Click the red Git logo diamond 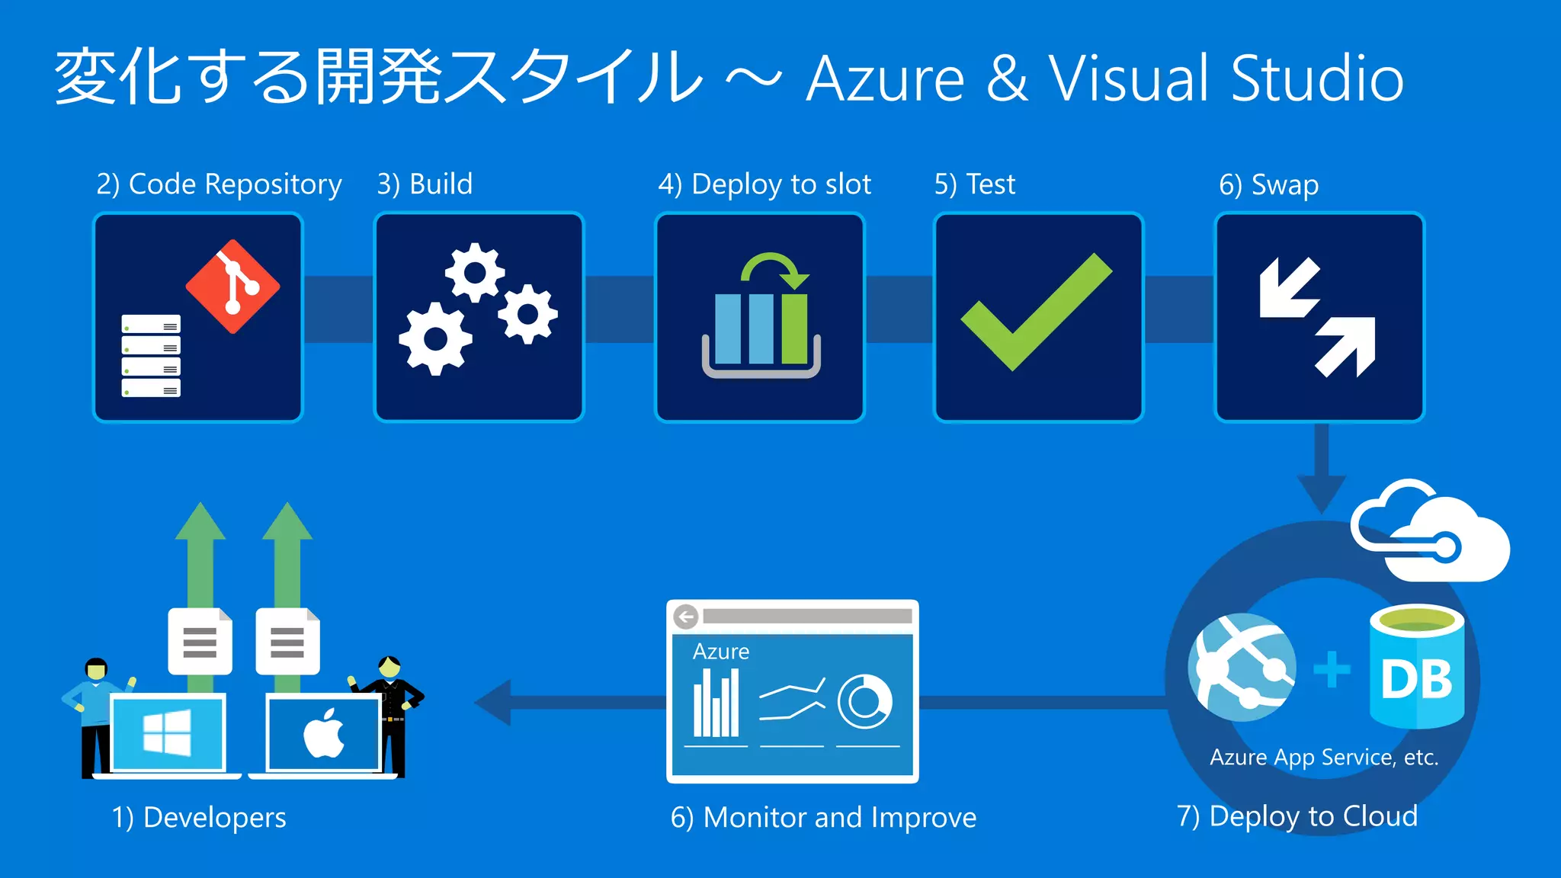click(x=233, y=287)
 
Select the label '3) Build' click(x=425, y=184)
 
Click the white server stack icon click(x=151, y=356)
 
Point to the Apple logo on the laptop click(x=324, y=733)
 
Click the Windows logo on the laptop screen click(x=168, y=733)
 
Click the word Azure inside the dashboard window click(x=720, y=652)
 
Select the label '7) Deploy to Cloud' click(x=1297, y=816)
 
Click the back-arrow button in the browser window click(x=686, y=616)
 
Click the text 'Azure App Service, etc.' click(x=1324, y=758)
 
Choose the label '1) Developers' click(x=199, y=818)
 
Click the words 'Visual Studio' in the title click(x=1226, y=79)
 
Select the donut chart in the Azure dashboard click(x=864, y=701)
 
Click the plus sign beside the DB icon click(x=1331, y=669)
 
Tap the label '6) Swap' click(x=1268, y=185)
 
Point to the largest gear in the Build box click(x=435, y=338)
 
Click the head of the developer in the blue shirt click(x=96, y=669)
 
